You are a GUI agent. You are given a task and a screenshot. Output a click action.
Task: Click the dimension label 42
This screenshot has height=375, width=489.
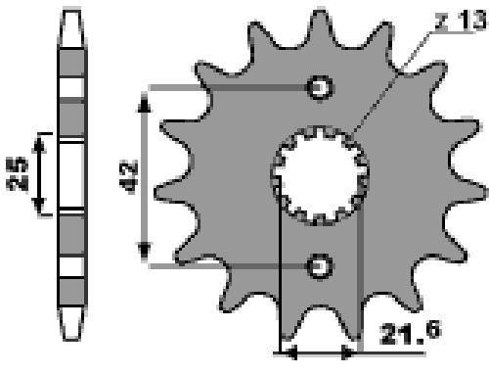pos(128,177)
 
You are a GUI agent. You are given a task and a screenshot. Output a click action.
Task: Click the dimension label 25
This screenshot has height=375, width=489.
pos(17,174)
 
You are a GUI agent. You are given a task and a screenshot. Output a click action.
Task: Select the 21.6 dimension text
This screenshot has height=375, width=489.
pos(411,333)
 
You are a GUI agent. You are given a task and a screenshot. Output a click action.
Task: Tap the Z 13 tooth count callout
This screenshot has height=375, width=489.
pos(461,21)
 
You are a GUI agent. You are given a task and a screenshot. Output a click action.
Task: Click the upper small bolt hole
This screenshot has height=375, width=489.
pos(320,87)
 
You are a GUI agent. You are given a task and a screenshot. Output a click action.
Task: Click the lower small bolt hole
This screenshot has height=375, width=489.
pos(320,266)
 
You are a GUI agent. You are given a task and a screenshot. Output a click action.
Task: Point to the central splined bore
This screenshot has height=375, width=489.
pos(320,176)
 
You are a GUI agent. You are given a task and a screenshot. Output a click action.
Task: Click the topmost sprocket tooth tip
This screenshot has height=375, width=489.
pos(321,12)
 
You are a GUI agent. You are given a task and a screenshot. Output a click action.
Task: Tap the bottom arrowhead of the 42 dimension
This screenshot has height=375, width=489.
pos(144,252)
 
